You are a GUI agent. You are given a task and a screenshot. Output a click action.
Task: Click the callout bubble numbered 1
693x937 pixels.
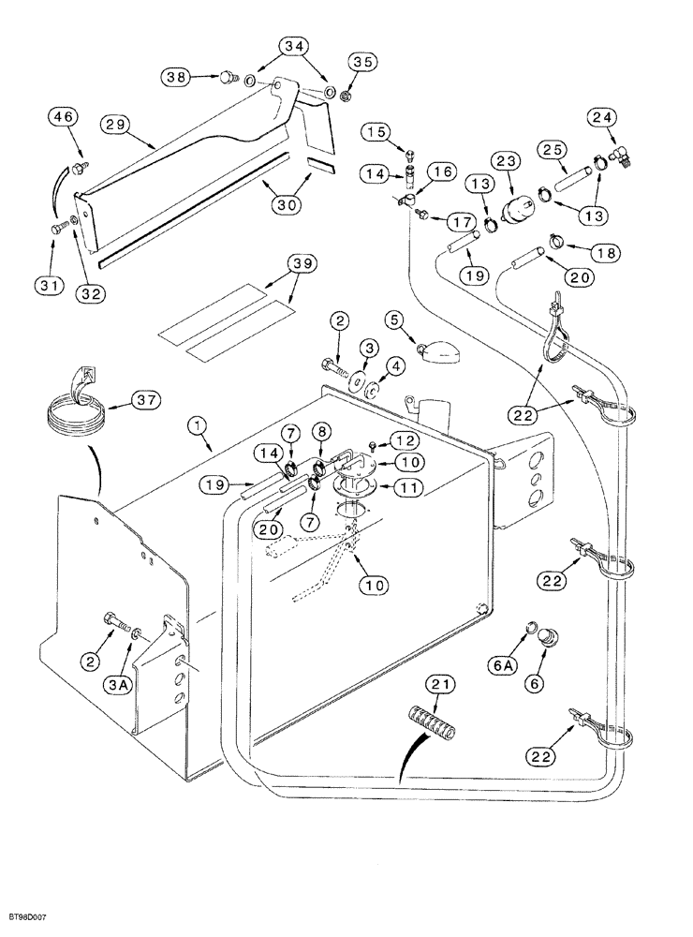click(x=198, y=425)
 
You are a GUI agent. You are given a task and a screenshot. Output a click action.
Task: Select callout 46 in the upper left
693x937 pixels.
click(x=64, y=118)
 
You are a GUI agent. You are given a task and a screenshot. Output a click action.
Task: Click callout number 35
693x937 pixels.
click(x=361, y=62)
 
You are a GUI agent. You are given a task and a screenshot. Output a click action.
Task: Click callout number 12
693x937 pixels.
click(x=402, y=440)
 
